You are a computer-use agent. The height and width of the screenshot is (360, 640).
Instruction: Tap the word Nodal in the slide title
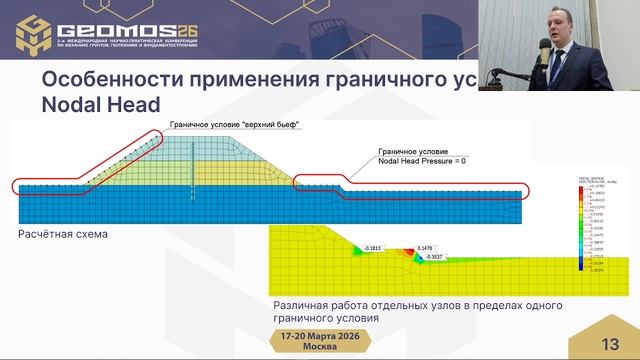click(73, 104)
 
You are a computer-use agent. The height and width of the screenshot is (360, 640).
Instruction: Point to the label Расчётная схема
click(62, 234)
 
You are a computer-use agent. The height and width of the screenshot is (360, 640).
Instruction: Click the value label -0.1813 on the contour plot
click(377, 247)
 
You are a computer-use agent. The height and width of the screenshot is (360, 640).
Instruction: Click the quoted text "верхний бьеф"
click(271, 124)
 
